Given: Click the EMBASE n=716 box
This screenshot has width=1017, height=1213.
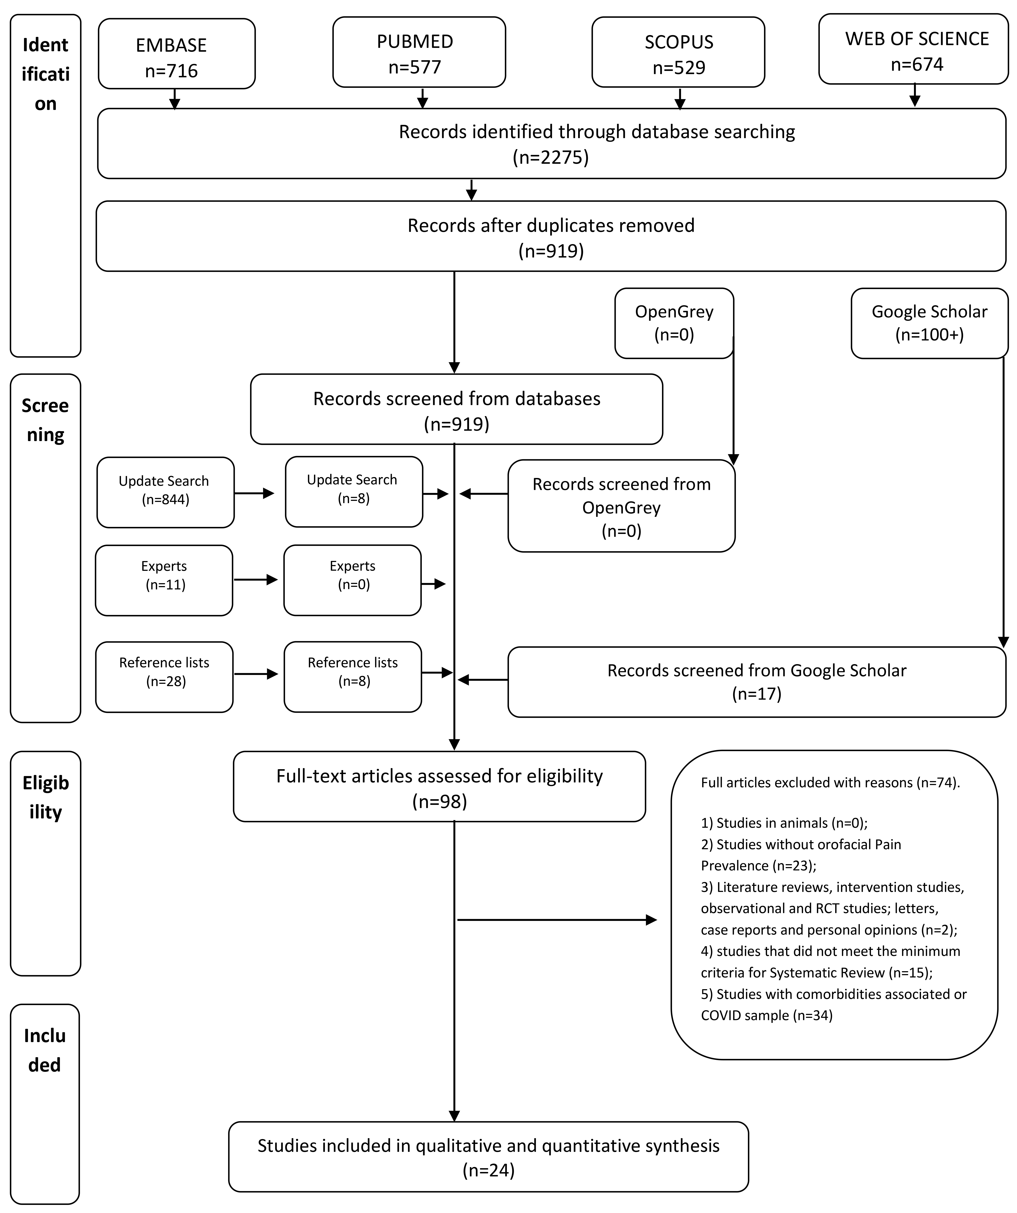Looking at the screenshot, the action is [x=177, y=54].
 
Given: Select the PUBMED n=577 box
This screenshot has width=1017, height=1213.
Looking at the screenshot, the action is [x=419, y=52].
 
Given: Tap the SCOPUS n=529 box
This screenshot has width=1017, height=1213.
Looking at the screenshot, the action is [x=678, y=52].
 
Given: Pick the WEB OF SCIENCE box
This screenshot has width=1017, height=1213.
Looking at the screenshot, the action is [x=914, y=49].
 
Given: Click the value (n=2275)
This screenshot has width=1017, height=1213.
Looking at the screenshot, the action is [x=551, y=157].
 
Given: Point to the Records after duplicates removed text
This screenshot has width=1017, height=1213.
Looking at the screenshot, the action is [x=551, y=225].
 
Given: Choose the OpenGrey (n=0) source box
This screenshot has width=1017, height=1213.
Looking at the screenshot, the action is [x=674, y=324].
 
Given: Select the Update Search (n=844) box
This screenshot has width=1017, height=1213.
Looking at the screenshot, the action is [x=165, y=492].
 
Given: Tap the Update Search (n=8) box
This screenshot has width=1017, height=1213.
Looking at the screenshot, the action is [x=354, y=492].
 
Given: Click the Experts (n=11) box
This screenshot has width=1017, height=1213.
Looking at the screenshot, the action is [x=164, y=581].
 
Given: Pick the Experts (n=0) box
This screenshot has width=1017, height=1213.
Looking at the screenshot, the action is [x=352, y=581].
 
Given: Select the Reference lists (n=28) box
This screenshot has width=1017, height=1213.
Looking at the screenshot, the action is [x=164, y=677].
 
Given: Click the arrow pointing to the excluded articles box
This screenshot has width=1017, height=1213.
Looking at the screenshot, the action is [x=557, y=920].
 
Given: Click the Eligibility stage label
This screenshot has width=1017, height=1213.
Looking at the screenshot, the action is [x=46, y=797].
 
